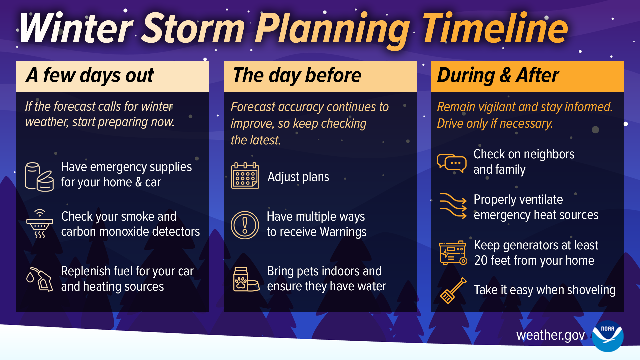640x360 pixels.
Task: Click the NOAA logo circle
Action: point(607,336)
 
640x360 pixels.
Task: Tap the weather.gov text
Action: point(550,335)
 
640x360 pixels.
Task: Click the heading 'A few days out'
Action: point(90,75)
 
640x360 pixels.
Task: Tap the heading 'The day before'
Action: point(297,75)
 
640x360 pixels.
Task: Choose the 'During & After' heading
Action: point(498,75)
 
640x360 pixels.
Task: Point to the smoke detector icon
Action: point(40,224)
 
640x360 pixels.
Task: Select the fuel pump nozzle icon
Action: point(40,279)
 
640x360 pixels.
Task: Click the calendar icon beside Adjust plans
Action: point(245,176)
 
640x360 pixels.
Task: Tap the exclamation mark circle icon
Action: point(245,225)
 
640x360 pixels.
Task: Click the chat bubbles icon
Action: point(452,163)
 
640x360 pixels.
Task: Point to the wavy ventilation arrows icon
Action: point(453,206)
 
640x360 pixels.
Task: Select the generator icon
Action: point(453,253)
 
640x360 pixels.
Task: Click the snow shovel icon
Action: point(453,291)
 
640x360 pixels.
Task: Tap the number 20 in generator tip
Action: point(481,261)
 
